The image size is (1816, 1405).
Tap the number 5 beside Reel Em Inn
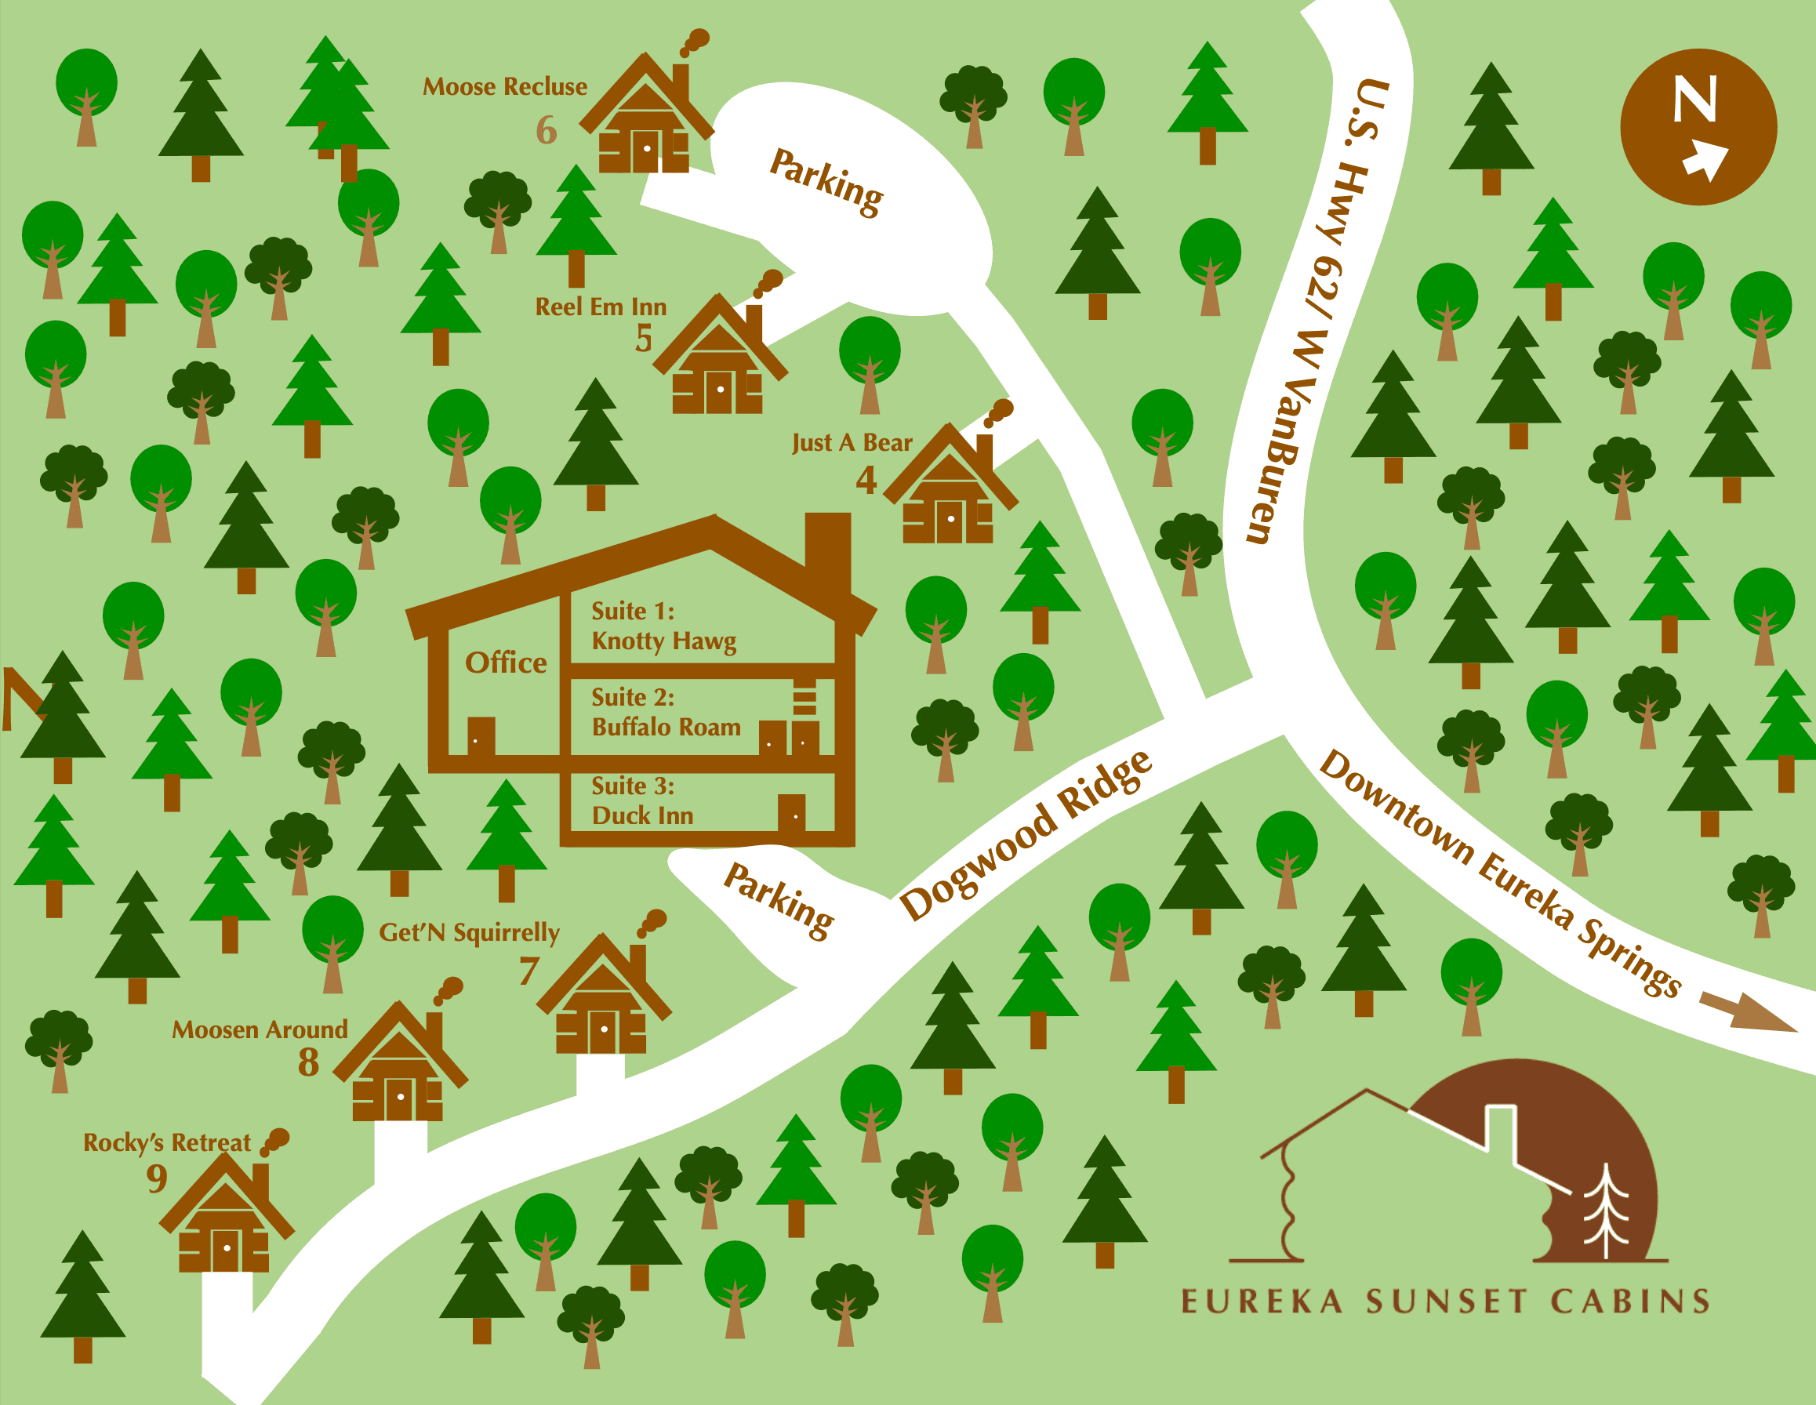pyautogui.click(x=644, y=339)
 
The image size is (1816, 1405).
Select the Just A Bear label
pyautogui.click(x=852, y=443)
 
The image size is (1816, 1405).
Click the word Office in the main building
pyautogui.click(x=506, y=663)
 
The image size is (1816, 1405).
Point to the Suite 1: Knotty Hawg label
pyautogui.click(x=663, y=626)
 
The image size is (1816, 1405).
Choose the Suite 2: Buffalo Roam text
pyautogui.click(x=665, y=713)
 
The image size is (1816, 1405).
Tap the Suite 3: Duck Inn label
pyautogui.click(x=642, y=801)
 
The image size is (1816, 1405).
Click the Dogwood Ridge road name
pyautogui.click(x=1027, y=834)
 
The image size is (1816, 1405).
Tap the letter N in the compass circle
pyautogui.click(x=1694, y=100)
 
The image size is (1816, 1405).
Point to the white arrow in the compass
pyautogui.click(x=1705, y=162)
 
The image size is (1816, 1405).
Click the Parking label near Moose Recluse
pyautogui.click(x=826, y=183)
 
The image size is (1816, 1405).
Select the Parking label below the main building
pyautogui.click(x=779, y=901)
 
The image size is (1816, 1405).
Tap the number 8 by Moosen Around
pyautogui.click(x=308, y=1062)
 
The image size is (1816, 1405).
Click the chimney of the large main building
pyautogui.click(x=827, y=549)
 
